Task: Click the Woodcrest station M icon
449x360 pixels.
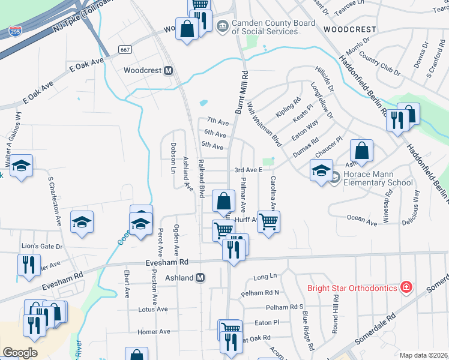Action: point(169,70)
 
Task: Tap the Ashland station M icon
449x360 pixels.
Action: point(201,278)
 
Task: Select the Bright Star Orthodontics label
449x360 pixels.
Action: point(352,288)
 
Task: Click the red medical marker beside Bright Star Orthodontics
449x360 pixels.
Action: point(407,287)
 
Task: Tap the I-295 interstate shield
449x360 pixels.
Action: point(15,29)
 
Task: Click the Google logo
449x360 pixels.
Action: point(20,352)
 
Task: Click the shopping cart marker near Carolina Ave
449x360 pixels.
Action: point(268,221)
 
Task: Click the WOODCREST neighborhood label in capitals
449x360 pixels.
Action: point(349,29)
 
